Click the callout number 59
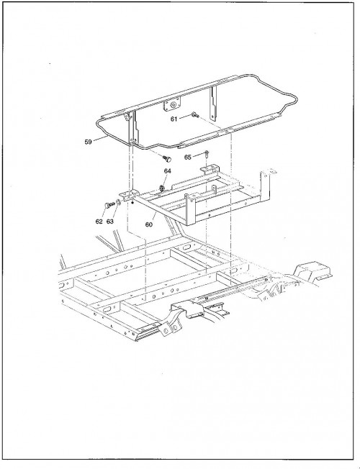click(x=88, y=142)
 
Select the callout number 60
click(x=149, y=224)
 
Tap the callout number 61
click(x=174, y=119)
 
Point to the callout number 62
click(x=99, y=222)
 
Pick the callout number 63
click(x=110, y=222)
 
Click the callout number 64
click(x=168, y=171)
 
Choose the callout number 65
click(x=187, y=158)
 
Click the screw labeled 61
click(x=194, y=114)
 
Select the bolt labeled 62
click(x=109, y=205)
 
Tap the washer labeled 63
click(x=118, y=203)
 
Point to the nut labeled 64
click(x=162, y=188)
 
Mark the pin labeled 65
click(x=207, y=155)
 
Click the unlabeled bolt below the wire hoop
click(x=167, y=158)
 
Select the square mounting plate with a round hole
click(x=172, y=105)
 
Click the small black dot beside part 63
click(x=132, y=203)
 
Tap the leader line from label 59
click(x=100, y=139)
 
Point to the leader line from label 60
click(x=153, y=217)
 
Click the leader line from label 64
click(x=165, y=181)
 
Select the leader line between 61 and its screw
click(x=185, y=117)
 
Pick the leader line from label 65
click(x=199, y=155)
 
